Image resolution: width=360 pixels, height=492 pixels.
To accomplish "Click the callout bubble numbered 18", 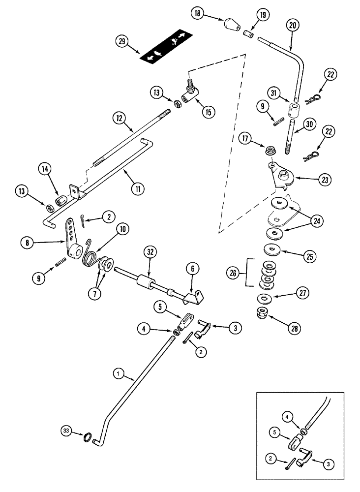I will click(x=199, y=16).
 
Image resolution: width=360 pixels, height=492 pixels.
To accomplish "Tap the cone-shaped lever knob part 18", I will click(x=230, y=25).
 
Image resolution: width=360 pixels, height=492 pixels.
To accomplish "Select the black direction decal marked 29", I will click(x=165, y=48).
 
